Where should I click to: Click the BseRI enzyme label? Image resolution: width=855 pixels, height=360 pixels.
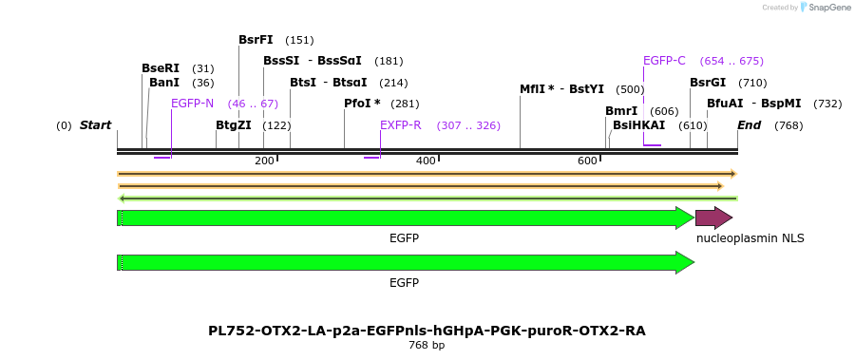point(161,68)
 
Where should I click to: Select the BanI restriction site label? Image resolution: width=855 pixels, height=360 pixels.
point(164,83)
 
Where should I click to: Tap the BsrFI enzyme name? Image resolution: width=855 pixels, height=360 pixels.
point(256,40)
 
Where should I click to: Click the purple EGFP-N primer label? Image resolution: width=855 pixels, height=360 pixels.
point(192,104)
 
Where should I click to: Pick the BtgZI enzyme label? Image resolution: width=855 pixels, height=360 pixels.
point(234,125)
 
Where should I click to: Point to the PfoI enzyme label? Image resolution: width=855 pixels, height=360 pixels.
point(362,104)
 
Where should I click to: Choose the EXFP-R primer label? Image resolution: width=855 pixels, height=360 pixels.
point(400,125)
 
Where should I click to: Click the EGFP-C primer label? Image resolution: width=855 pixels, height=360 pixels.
point(664,61)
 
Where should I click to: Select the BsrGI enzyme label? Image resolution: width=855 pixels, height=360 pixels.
point(708,83)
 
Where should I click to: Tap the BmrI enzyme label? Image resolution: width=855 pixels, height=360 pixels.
point(621,111)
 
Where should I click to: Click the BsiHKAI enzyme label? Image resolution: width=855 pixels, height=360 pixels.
point(638,125)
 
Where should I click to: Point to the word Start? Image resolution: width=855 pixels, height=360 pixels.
point(95,125)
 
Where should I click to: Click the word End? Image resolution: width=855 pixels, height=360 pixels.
point(749,125)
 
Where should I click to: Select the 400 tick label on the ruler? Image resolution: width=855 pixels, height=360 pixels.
point(426,161)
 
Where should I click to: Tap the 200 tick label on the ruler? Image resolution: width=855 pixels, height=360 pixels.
point(264,161)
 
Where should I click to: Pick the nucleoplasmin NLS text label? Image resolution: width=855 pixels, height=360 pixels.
point(750,238)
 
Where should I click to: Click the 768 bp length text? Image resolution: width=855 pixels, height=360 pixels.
point(427,346)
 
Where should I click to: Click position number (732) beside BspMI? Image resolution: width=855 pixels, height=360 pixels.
point(827,104)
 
